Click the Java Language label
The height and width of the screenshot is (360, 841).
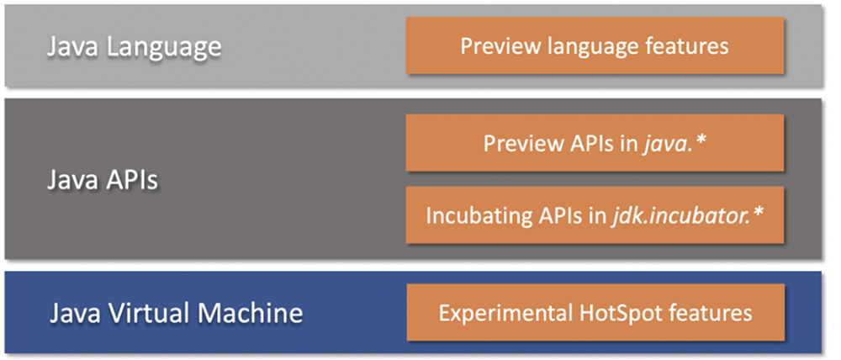point(133,46)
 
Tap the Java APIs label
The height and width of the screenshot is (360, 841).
point(102,179)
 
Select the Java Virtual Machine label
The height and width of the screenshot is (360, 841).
point(175,314)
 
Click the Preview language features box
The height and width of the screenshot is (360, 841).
point(595,45)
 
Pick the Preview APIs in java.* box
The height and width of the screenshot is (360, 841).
point(595,143)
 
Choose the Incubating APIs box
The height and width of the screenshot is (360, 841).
point(595,214)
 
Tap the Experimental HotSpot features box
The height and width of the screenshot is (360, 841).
point(595,313)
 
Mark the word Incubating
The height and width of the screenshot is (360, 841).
point(476,215)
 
